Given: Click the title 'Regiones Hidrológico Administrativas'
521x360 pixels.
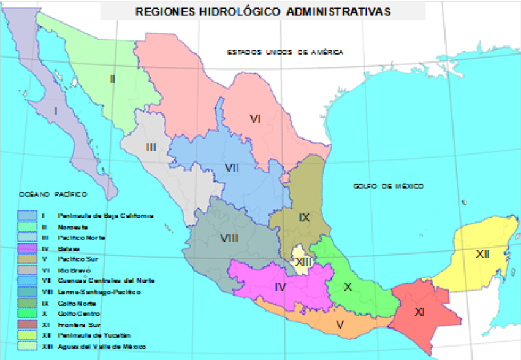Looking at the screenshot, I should pyautogui.click(x=262, y=12).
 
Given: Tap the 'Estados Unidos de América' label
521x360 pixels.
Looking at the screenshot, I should pyautogui.click(x=285, y=52).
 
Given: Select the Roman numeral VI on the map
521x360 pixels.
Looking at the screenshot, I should pyautogui.click(x=256, y=119).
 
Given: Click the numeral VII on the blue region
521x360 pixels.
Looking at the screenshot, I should pyautogui.click(x=231, y=167).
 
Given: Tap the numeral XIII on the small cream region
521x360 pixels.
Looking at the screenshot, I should pyautogui.click(x=302, y=262).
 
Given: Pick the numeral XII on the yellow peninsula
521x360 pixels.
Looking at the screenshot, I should pyautogui.click(x=482, y=253).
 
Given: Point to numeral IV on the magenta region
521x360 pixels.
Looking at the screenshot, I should pyautogui.click(x=280, y=286).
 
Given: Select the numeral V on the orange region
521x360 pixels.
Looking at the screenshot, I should pyautogui.click(x=340, y=324).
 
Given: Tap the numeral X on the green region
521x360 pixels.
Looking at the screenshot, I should pyautogui.click(x=348, y=287).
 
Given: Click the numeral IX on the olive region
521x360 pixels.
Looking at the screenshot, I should pyautogui.click(x=304, y=217).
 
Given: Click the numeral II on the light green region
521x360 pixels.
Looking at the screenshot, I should pyautogui.click(x=112, y=79).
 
